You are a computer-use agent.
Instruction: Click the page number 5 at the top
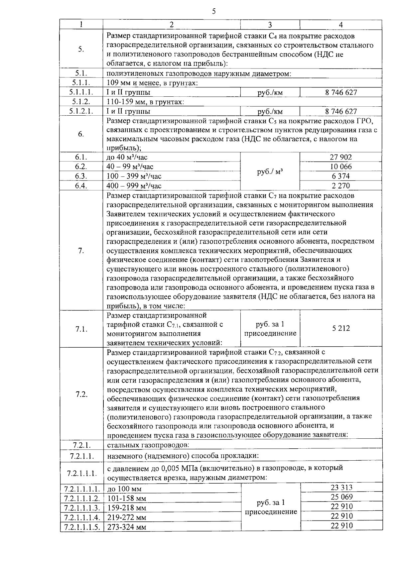pyautogui.click(x=213, y=12)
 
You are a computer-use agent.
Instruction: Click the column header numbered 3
pyautogui.click(x=270, y=25)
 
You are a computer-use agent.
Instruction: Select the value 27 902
pyautogui.click(x=341, y=157)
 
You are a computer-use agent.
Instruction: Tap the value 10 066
pyautogui.click(x=341, y=167)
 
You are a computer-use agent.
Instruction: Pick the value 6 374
pyautogui.click(x=341, y=176)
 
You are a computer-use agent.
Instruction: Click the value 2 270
pyautogui.click(x=341, y=186)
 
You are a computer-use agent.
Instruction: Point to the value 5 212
pyautogui.click(x=341, y=328)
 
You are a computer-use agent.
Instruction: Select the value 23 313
pyautogui.click(x=341, y=488)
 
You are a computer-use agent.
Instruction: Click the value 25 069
pyautogui.click(x=341, y=497)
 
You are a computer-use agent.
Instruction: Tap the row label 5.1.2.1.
pyautogui.click(x=81, y=111)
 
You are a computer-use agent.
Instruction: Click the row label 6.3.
pyautogui.click(x=81, y=176)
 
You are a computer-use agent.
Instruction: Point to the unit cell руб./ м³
pyautogui.click(x=270, y=172)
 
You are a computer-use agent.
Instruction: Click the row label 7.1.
pyautogui.click(x=81, y=329)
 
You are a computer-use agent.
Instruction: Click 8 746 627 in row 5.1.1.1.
pyautogui.click(x=341, y=92)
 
